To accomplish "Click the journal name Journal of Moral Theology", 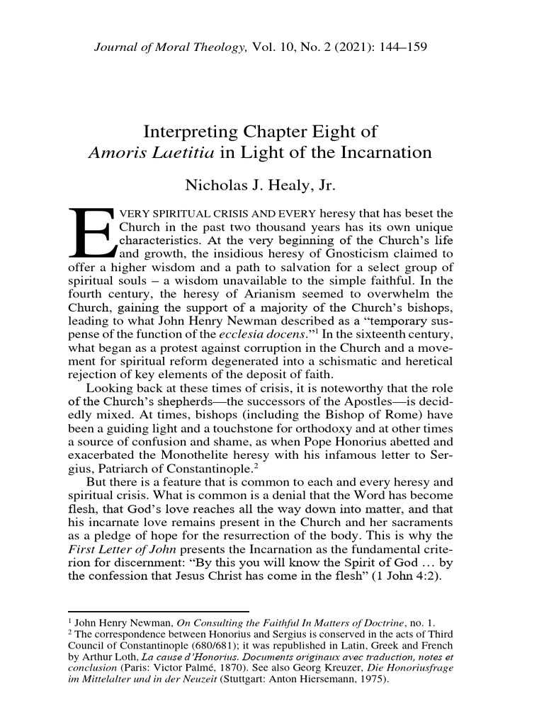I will pyautogui.click(x=170, y=47).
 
